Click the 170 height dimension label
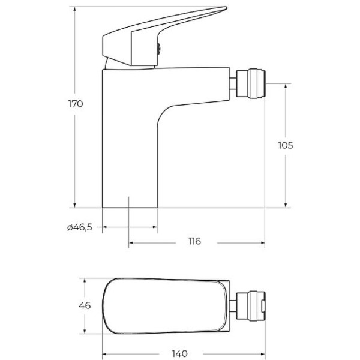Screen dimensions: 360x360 (75, 104)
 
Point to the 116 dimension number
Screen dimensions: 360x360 (194, 242)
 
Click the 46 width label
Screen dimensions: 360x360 (85, 305)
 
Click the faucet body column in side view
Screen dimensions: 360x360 (129, 138)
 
